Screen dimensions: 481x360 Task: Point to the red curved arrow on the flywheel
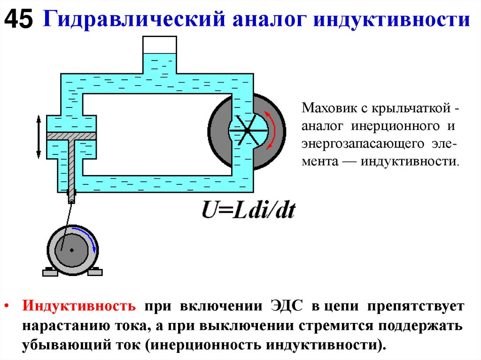tap(270, 130)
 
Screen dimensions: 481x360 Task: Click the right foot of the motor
tap(95, 271)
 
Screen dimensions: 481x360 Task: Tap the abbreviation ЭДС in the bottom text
tap(288, 306)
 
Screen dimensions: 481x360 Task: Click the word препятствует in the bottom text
tap(416, 306)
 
